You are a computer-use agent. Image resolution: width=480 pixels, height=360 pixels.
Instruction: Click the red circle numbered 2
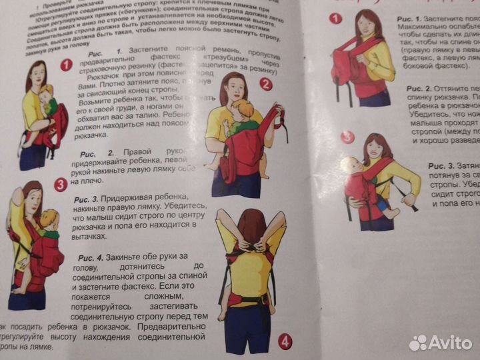pyautogui.click(x=265, y=84)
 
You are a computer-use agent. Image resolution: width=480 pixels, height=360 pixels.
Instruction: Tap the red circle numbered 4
pyautogui.click(x=285, y=342)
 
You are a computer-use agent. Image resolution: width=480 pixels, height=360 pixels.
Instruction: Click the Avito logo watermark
pyautogui.click(x=441, y=343)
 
